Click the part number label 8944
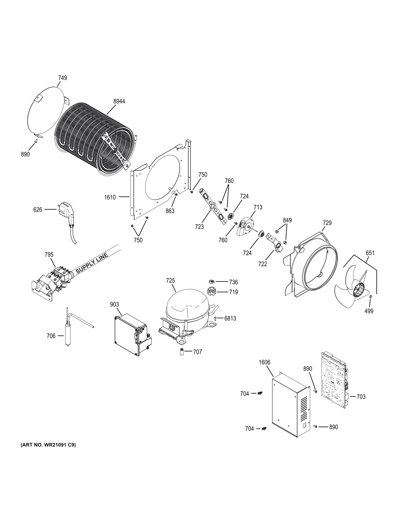(x=119, y=101)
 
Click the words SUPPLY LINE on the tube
(x=92, y=263)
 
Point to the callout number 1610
(x=110, y=197)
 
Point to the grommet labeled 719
(x=212, y=290)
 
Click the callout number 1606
(x=264, y=362)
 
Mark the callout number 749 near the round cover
(x=62, y=78)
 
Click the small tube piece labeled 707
(x=181, y=352)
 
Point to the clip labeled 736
(x=212, y=281)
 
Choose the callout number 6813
(x=230, y=318)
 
